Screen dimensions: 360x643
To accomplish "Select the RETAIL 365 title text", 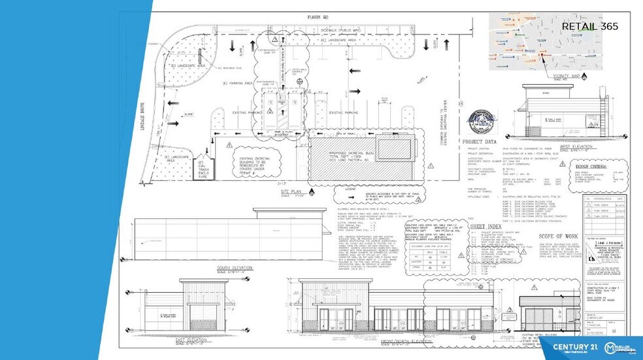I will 590,26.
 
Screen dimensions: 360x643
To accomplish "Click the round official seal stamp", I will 482,121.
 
